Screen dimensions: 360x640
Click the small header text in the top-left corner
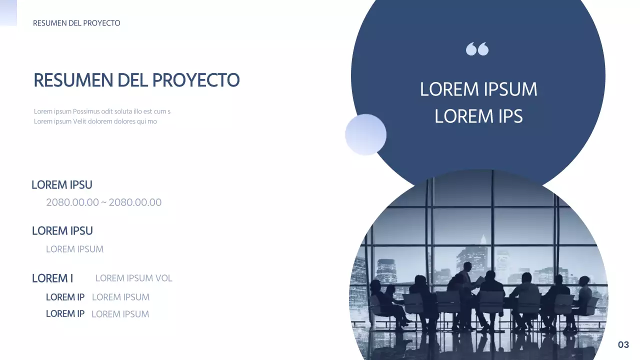coord(76,23)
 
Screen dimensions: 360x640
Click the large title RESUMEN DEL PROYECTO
coord(136,80)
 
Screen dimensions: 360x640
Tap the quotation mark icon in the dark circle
coord(477,49)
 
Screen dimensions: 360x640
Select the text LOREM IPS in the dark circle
coord(478,116)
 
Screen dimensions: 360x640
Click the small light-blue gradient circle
coord(365,134)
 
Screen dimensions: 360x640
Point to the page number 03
coord(623,344)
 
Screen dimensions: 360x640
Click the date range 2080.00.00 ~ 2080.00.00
coord(103,202)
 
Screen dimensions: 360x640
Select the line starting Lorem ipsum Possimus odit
coord(102,111)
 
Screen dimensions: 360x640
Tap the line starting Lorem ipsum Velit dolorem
coord(95,121)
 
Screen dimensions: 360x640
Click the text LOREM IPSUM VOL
coord(133,278)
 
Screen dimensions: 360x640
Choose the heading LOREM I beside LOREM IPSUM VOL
coord(52,278)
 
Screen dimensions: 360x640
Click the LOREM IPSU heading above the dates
coord(62,185)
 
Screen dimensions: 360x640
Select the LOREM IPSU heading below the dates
coord(62,231)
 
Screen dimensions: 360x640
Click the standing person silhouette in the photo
coord(466,280)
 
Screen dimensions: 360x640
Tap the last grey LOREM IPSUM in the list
coord(120,314)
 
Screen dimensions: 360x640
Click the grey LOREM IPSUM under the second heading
coord(74,249)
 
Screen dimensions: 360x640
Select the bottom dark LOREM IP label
coord(65,314)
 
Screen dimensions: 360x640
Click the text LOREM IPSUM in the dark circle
coord(478,89)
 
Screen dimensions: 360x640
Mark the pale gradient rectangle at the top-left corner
coord(8,12)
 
